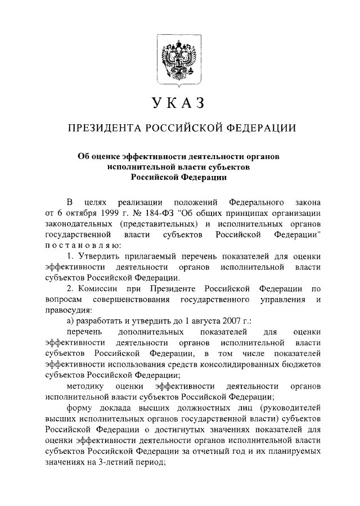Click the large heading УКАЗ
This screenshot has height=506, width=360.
coord(179,104)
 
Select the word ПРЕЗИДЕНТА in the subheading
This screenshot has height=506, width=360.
coord(104,129)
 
